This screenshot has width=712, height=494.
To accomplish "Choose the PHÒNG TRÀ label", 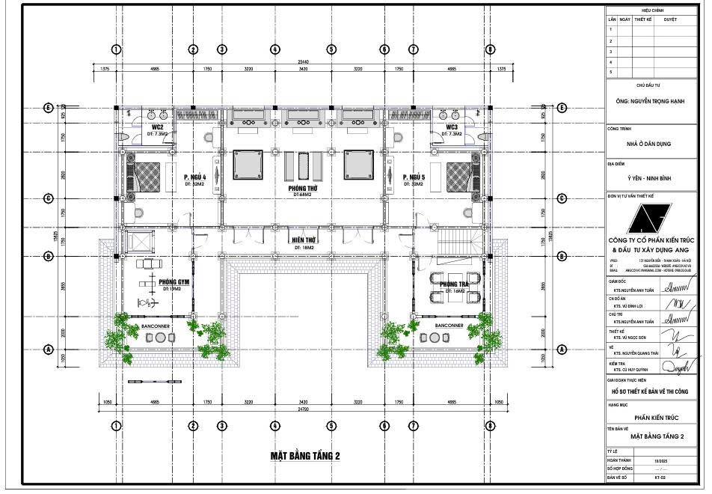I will [x=453, y=285].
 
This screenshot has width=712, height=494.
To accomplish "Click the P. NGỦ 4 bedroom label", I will [x=194, y=178].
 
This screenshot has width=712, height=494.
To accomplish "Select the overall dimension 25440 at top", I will [x=303, y=61].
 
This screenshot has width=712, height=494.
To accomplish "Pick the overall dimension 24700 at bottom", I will [x=303, y=410].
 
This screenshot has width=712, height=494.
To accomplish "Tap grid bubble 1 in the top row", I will [x=116, y=49].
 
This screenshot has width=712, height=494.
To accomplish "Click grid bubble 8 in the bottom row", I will [x=490, y=426].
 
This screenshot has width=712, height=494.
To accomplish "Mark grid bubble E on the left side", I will [x=49, y=108].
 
